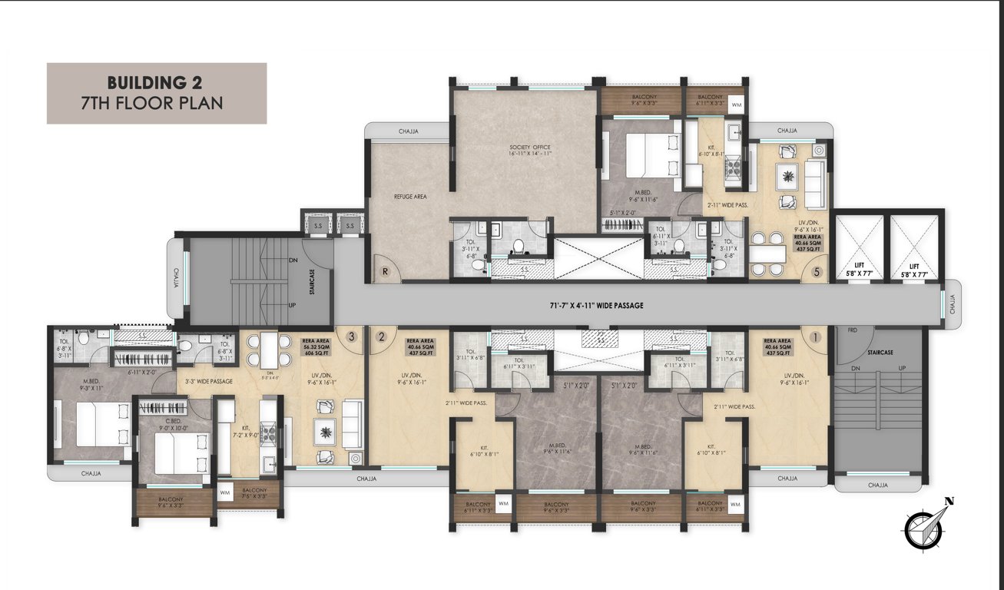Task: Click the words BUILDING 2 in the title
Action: click(x=157, y=82)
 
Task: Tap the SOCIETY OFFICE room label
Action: click(x=530, y=150)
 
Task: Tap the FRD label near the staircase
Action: click(x=852, y=330)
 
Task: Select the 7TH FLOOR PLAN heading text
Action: click(x=157, y=103)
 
